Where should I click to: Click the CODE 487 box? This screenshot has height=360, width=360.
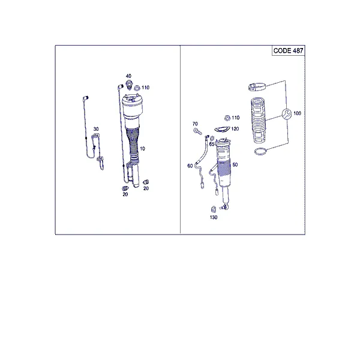pyautogui.click(x=289, y=50)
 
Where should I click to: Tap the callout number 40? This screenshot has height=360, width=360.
pyautogui.click(x=128, y=76)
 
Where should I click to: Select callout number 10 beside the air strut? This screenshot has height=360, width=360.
pyautogui.click(x=143, y=149)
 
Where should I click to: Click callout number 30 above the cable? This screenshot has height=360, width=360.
pyautogui.click(x=96, y=129)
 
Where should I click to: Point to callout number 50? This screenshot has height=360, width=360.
pyautogui.click(x=235, y=165)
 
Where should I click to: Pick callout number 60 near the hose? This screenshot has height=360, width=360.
pyautogui.click(x=190, y=166)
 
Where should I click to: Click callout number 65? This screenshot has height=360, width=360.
pyautogui.click(x=212, y=144)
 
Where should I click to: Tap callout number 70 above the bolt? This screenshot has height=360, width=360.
pyautogui.click(x=195, y=124)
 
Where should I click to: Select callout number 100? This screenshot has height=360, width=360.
pyautogui.click(x=297, y=113)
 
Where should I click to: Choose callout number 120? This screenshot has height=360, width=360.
pyautogui.click(x=235, y=129)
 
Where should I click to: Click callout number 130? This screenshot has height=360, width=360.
pyautogui.click(x=214, y=217)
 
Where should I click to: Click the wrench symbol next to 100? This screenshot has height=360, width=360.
pyautogui.click(x=287, y=114)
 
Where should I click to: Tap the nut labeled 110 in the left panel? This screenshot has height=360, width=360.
pyautogui.click(x=137, y=88)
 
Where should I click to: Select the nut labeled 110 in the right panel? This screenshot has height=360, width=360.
pyautogui.click(x=227, y=118)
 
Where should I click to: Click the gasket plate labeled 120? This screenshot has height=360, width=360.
pyautogui.click(x=222, y=129)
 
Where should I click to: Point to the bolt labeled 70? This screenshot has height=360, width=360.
pyautogui.click(x=197, y=131)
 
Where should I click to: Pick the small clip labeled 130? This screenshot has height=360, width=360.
pyautogui.click(x=213, y=209)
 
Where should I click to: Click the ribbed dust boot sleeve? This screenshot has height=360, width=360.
pyautogui.click(x=258, y=120)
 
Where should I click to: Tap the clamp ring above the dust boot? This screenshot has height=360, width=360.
pyautogui.click(x=257, y=87)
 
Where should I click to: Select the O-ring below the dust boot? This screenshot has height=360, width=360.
pyautogui.click(x=261, y=151)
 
